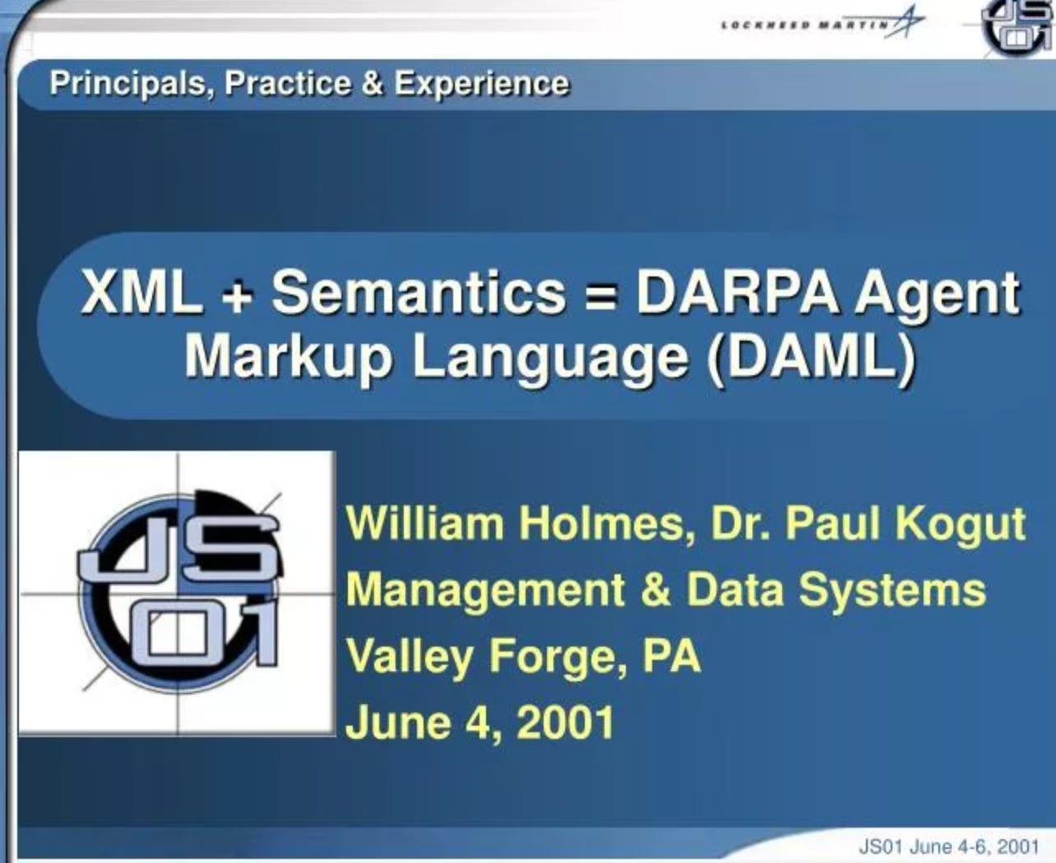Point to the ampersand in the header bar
372,83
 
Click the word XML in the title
142,292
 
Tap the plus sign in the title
238,296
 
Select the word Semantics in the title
419,292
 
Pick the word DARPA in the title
737,292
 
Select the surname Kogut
960,526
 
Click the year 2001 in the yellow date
565,722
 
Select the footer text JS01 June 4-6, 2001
949,847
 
